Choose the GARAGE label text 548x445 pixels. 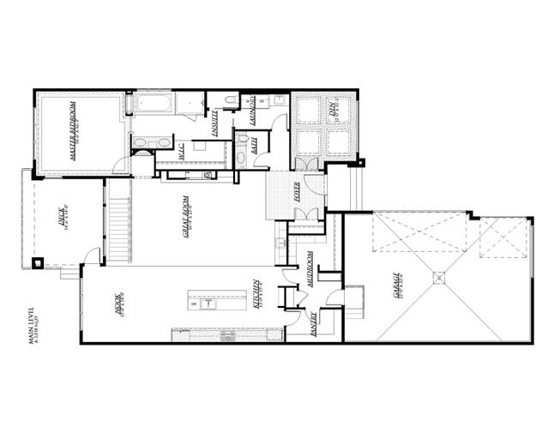(x=396, y=288)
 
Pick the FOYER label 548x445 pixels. (x=296, y=198)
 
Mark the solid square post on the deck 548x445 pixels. (x=39, y=262)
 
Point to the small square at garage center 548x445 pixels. (x=439, y=277)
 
